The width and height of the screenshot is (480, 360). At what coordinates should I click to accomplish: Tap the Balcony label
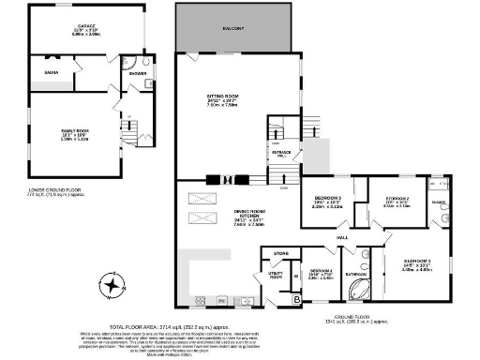pos(233,29)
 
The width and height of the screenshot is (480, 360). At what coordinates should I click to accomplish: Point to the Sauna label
pos(46,71)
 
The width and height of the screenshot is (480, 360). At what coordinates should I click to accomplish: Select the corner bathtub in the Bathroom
pos(357,290)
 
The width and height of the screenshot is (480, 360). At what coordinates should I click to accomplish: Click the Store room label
pos(278,253)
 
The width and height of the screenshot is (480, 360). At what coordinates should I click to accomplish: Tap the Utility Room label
pos(276,276)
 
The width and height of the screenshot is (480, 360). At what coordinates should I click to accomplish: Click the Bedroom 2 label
pos(400,201)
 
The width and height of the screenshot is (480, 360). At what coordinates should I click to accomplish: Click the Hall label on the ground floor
pos(343,238)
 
